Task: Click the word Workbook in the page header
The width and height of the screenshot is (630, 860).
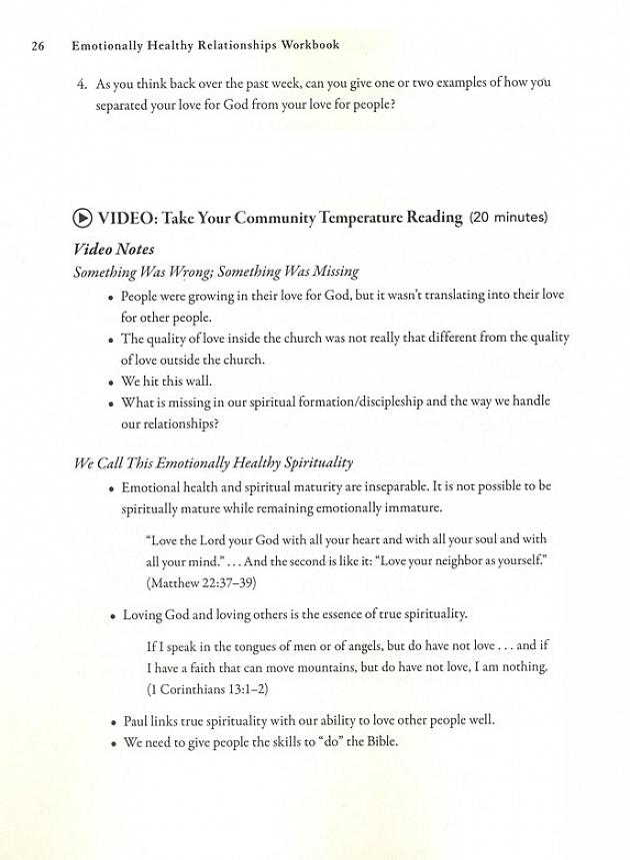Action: pos(304,46)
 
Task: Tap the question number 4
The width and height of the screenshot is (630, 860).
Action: pos(82,84)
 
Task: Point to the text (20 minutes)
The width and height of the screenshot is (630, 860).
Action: pos(509,218)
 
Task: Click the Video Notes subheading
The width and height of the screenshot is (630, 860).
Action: pos(114,249)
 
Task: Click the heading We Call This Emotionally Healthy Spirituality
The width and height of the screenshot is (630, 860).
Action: pos(213,463)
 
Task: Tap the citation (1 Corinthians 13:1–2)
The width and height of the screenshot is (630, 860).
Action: pos(208,689)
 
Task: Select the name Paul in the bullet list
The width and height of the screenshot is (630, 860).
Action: pos(135,720)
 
